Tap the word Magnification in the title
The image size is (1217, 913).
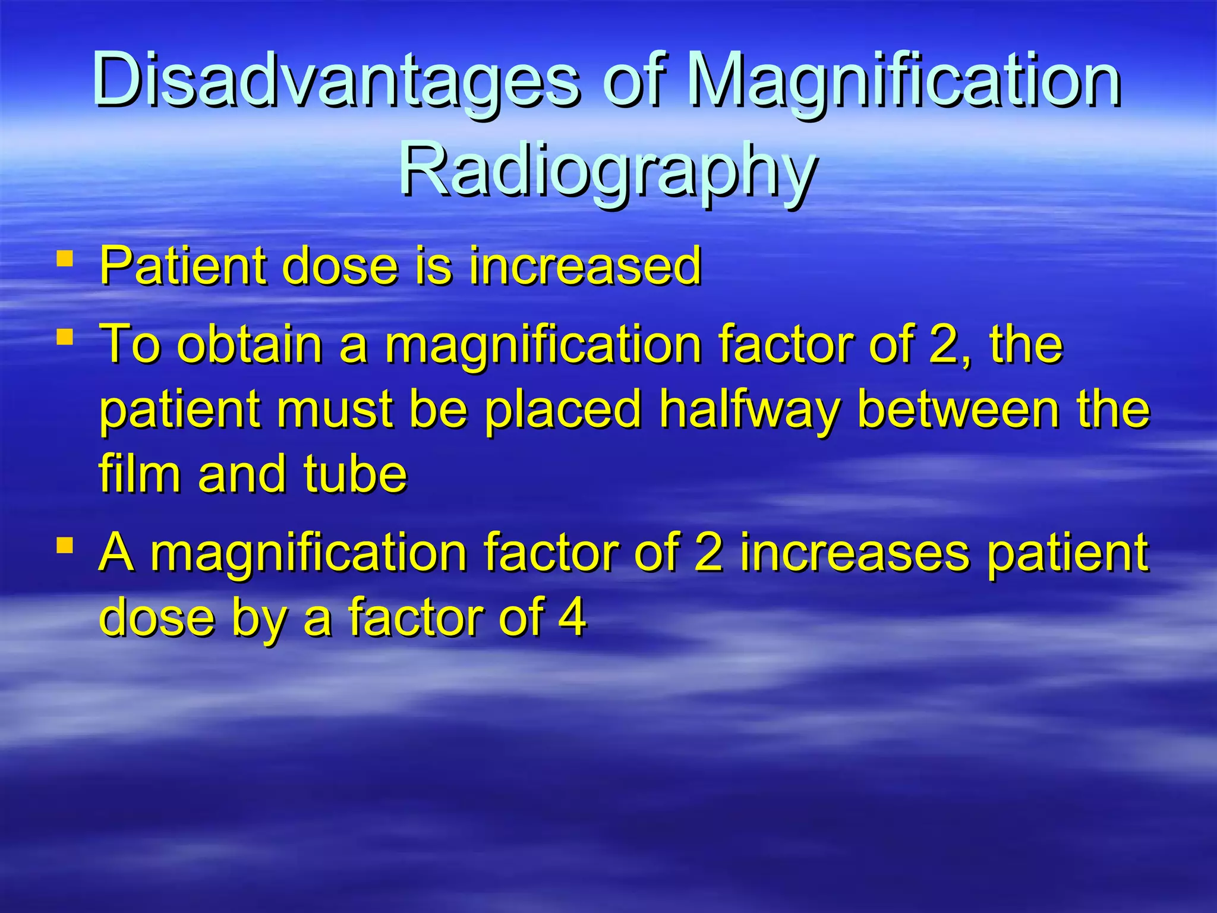pos(903,80)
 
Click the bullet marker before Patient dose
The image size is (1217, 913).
pos(65,259)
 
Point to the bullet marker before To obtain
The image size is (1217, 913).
pos(65,338)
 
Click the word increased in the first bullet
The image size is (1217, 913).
pos(585,265)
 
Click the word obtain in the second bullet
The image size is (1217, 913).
pos(250,345)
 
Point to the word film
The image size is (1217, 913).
pos(140,474)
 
